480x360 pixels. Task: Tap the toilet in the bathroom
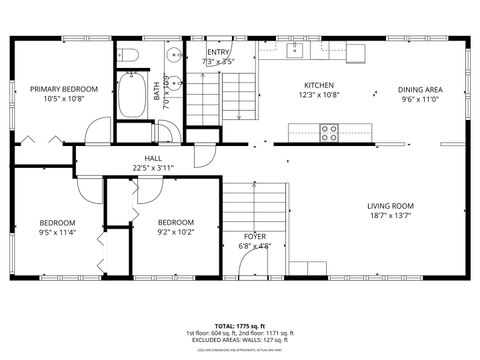coord(128,54)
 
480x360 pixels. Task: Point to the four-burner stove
coord(329,130)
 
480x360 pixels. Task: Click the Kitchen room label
coord(319,86)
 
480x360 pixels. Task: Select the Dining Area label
coord(421,89)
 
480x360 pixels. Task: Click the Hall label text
coord(153,158)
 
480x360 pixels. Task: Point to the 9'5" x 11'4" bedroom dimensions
coord(58,233)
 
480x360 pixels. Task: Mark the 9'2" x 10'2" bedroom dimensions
coord(176,233)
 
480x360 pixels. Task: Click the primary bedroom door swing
coord(98,130)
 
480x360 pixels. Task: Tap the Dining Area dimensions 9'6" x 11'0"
coord(421,99)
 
